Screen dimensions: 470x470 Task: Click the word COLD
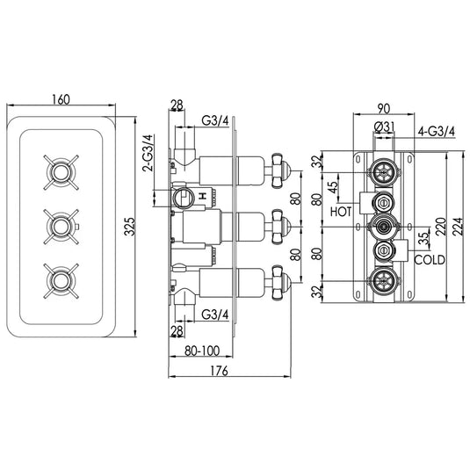pyautogui.click(x=429, y=259)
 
